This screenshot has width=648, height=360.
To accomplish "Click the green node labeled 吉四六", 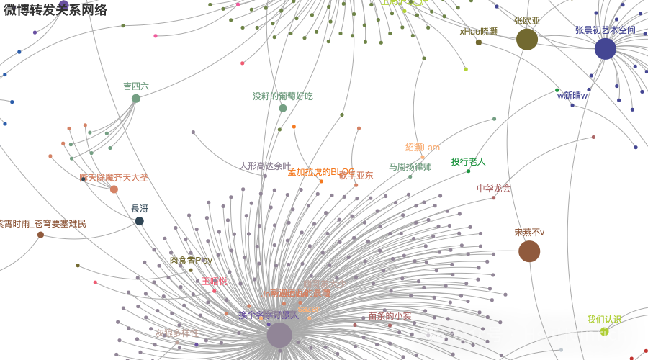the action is pos(136,99).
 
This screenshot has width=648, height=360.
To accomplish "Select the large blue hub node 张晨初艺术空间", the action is pos(605,49).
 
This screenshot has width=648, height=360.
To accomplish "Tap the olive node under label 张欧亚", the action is pos(527,39).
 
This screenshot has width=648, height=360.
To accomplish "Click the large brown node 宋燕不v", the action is pos(529,251).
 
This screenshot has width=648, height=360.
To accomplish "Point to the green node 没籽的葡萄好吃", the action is pos(283,108).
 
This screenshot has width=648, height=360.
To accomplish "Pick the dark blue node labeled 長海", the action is pos(140,221).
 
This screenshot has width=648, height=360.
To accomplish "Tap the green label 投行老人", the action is pos(469,162).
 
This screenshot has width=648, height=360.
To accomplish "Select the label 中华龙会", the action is pos(493,189).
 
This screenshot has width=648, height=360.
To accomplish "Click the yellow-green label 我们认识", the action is pos(604,320).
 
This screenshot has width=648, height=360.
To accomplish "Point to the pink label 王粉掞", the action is pos(214,282).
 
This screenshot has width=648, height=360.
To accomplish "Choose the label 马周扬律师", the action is pos(410,167).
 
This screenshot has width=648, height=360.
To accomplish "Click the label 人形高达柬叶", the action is pos(266,166).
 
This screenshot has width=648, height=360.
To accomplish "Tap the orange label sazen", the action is pos(310,309).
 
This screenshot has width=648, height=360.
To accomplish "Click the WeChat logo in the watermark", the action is pos(433,334).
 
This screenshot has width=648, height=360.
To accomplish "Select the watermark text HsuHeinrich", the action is pos(575,335).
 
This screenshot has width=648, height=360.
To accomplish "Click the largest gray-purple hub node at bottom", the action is pos(279,336).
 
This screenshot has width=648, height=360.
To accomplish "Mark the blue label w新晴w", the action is pos(572,96).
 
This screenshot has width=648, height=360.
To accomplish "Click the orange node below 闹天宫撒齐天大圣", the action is pos(114,189).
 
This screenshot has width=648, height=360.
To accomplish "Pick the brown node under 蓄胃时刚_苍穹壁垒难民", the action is pos(40,235).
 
